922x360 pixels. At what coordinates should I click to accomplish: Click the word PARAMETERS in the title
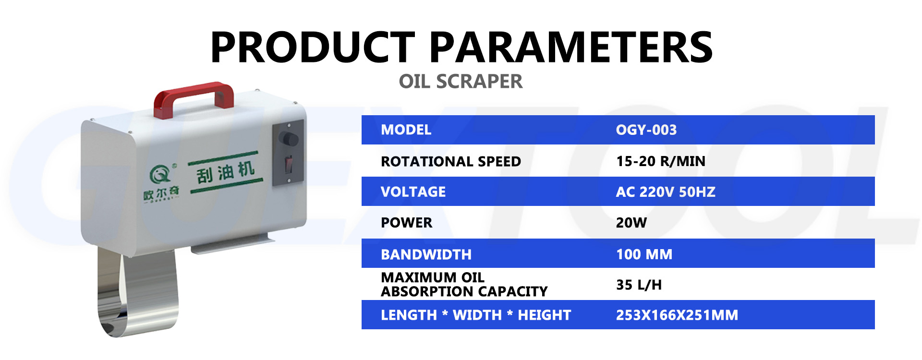click(x=570, y=47)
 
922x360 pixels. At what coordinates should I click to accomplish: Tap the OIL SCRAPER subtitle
click(x=461, y=82)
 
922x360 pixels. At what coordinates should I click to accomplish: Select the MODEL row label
click(x=406, y=130)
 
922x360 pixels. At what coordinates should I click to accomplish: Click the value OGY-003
click(x=646, y=130)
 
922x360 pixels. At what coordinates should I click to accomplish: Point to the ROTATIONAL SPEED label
click(x=450, y=161)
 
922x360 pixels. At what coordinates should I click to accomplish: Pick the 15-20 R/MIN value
click(x=660, y=161)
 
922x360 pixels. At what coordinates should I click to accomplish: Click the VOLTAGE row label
click(x=413, y=192)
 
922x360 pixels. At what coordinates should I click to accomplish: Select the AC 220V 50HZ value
click(x=665, y=192)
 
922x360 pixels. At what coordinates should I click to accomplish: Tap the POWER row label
click(x=406, y=223)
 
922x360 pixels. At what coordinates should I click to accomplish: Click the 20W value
click(x=631, y=223)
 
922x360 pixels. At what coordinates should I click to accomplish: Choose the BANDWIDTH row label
click(x=426, y=254)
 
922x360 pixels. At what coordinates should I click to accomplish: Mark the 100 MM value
click(x=644, y=254)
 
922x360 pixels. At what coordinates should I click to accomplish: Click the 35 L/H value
click(x=639, y=285)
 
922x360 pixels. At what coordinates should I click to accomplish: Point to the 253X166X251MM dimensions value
click(x=677, y=315)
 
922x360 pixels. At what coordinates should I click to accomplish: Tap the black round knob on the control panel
click(x=290, y=139)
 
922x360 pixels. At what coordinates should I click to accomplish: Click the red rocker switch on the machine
click(x=288, y=164)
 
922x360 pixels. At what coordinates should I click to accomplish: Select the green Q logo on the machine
click(x=159, y=174)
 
